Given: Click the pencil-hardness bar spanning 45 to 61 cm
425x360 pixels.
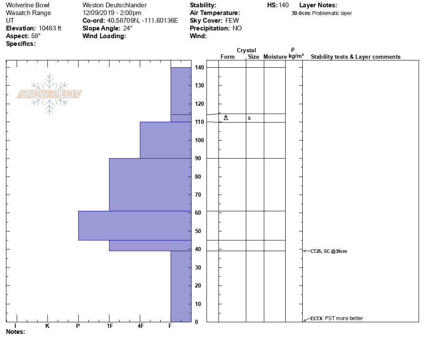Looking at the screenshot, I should (x=134, y=225).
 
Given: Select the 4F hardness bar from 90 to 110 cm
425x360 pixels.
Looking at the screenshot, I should (x=165, y=140).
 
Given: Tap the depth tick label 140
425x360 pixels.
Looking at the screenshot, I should (x=199, y=68).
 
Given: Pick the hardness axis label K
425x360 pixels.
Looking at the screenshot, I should (x=47, y=326).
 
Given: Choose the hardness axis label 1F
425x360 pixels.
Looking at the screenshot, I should (x=110, y=326).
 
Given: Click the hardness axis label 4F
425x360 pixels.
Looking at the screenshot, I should (x=141, y=326).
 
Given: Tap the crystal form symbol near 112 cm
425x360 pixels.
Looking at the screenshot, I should (x=226, y=117).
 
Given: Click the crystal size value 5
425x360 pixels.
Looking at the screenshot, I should (x=249, y=118).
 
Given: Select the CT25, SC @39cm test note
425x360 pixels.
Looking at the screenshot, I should (x=328, y=251).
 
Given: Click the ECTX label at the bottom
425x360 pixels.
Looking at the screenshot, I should (x=316, y=318).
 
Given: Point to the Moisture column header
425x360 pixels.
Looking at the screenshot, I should (x=275, y=57).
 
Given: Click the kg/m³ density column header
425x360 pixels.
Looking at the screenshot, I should (x=296, y=56).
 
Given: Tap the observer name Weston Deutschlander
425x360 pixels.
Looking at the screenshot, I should (x=115, y=5).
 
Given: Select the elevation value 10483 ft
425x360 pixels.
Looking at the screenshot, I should (x=50, y=28).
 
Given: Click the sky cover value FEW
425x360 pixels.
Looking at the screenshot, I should (x=232, y=21).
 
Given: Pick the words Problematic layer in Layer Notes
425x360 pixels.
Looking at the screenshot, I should (x=332, y=13).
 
